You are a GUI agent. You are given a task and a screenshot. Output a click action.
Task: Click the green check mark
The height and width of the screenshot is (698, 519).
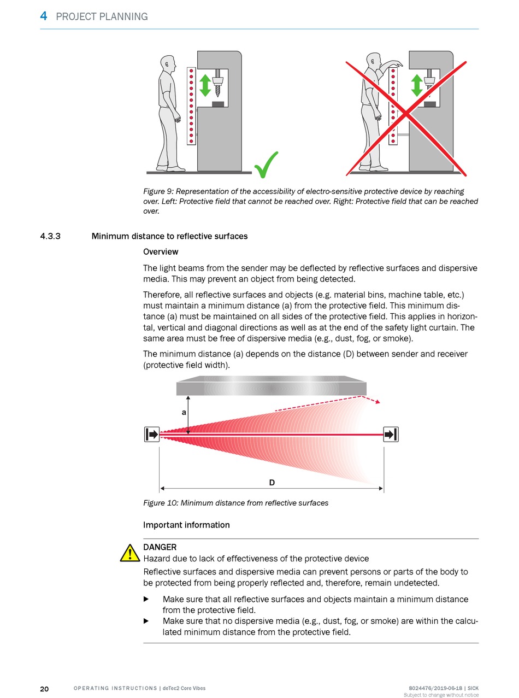point(267,165)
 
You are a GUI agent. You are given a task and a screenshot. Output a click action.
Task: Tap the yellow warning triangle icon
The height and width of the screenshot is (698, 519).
point(130,554)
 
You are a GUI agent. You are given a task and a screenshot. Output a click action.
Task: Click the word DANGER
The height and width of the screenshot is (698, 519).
point(160,547)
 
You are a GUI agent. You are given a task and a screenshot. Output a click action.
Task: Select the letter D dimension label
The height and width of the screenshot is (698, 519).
point(272,483)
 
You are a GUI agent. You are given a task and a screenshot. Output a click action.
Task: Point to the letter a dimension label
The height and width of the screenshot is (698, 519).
point(184,413)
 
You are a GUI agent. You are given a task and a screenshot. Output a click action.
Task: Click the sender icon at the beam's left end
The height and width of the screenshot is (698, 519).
point(152,435)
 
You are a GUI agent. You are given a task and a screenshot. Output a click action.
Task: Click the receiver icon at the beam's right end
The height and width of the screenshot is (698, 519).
point(391,435)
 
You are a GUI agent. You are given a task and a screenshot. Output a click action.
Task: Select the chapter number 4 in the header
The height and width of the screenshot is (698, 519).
point(43,16)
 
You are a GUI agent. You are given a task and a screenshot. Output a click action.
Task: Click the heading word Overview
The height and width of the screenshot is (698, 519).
point(161,252)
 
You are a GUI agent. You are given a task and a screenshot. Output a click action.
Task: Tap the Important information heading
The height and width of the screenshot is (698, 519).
point(186,525)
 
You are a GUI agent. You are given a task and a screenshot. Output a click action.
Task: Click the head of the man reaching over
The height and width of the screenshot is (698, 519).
point(373,61)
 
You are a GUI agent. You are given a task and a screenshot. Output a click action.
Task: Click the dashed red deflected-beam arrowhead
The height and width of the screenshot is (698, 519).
point(377,401)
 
